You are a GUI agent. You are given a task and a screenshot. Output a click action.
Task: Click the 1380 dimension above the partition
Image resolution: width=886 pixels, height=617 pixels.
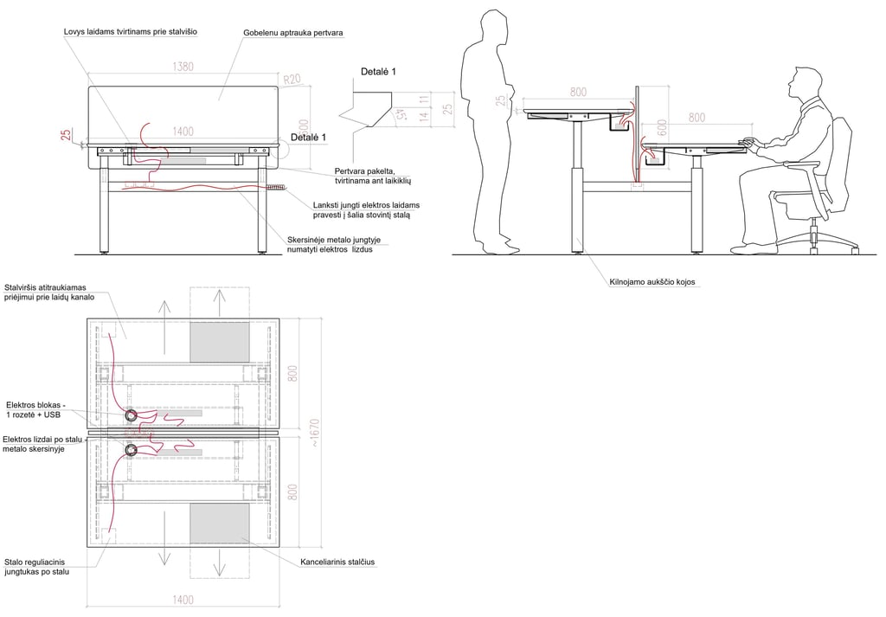tap(183, 66)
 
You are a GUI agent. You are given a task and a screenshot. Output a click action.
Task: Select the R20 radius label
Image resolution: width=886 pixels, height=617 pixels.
tap(291, 78)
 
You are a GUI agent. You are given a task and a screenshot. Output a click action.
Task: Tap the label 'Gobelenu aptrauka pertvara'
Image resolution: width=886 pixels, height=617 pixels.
tap(293, 33)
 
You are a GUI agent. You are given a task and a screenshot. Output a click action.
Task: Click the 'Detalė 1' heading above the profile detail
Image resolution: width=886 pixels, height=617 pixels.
tap(378, 71)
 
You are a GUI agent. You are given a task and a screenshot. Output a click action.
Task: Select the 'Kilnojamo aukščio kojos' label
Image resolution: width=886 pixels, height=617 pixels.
tap(652, 282)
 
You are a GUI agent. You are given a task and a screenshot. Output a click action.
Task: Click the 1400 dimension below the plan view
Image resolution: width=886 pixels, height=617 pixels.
tap(183, 600)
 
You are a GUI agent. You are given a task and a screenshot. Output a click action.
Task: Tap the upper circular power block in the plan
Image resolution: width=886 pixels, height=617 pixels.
tap(132, 415)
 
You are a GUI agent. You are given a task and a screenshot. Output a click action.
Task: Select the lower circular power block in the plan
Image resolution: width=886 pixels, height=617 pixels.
tap(132, 450)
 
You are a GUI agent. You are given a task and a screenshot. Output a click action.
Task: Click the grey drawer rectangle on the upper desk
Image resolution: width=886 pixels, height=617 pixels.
tap(220, 341)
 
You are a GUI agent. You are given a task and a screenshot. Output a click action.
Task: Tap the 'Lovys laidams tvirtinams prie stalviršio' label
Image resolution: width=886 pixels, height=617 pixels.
tap(131, 32)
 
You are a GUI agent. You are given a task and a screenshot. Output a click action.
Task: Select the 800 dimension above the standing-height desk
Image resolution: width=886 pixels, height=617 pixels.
tap(578, 92)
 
